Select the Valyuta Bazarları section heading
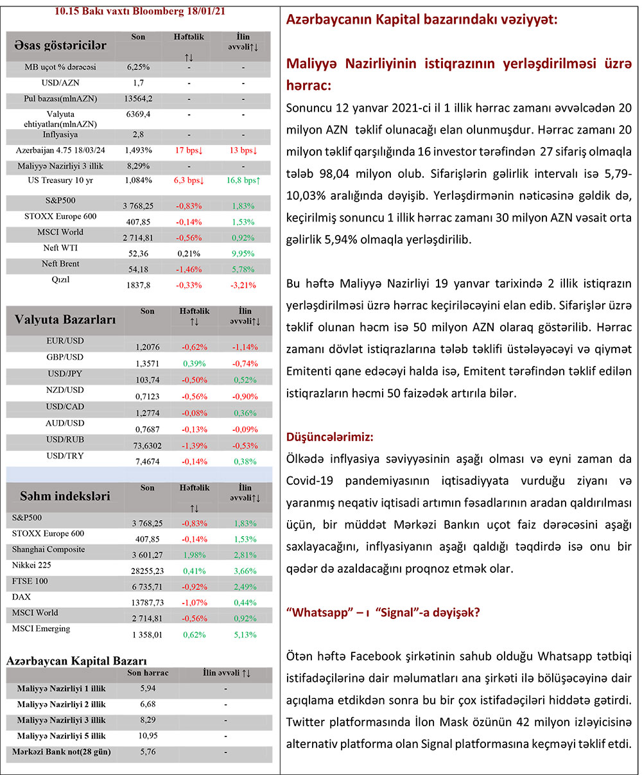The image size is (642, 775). coord(65,318)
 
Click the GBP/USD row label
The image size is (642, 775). coord(65,357)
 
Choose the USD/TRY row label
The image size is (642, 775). coord(65,456)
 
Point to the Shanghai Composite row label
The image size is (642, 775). coord(48,550)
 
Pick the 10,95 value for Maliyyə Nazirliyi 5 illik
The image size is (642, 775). coord(147,735)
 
